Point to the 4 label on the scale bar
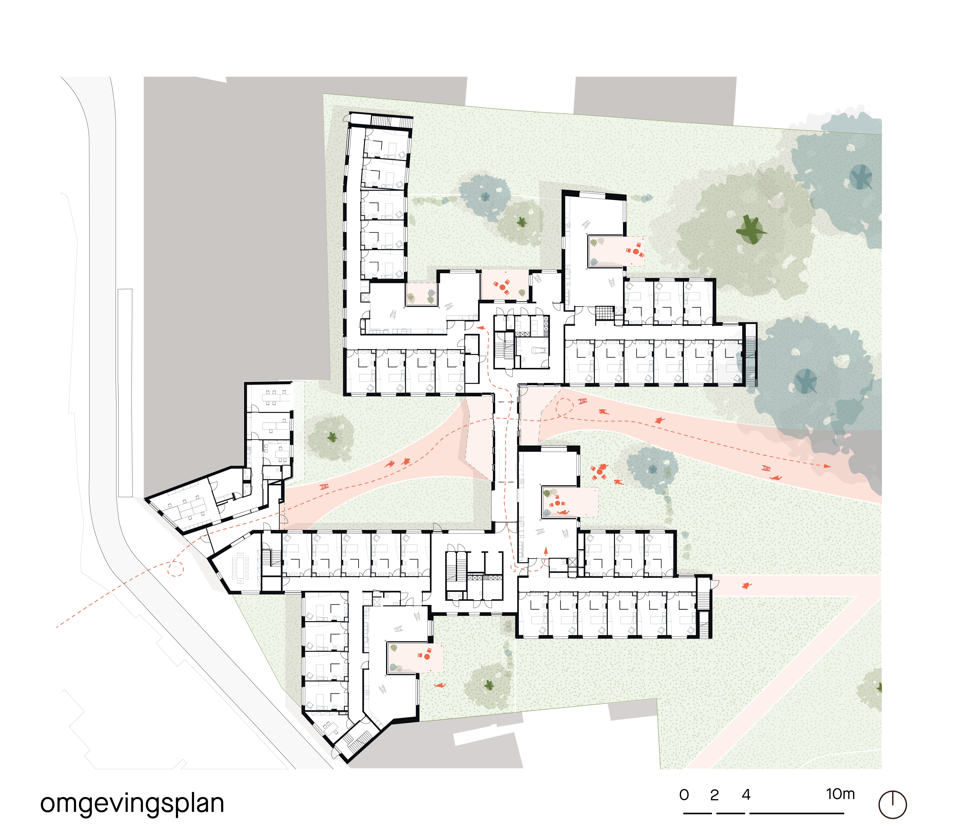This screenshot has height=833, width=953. pos(746,795)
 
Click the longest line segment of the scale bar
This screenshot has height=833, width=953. pos(797,813)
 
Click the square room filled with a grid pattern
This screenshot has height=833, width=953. pos(605,313)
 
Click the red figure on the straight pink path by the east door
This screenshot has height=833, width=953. pos(746,586)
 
